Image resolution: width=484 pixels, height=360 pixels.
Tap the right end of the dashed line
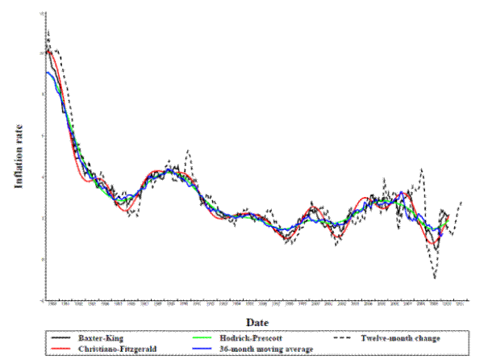[x=461, y=201]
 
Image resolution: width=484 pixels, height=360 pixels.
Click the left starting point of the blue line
[x=47, y=73]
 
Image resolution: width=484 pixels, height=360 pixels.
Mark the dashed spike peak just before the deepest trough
[x=422, y=169]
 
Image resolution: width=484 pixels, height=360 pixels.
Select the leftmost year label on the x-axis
[x=52, y=304]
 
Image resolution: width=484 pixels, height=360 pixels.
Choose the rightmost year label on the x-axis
[x=460, y=304]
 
